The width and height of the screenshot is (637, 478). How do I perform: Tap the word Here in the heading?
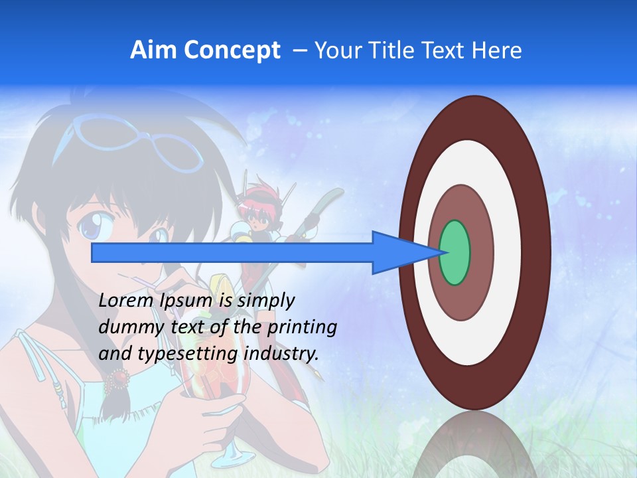click(x=498, y=50)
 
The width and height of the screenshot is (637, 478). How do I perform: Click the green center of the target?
click(x=455, y=252)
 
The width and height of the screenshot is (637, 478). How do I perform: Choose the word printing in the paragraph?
click(x=302, y=327)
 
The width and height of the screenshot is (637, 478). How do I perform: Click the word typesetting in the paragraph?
click(x=187, y=354)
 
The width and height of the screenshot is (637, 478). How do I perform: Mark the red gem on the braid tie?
click(x=120, y=378)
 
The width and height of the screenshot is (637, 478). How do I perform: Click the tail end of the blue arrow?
click(x=95, y=252)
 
